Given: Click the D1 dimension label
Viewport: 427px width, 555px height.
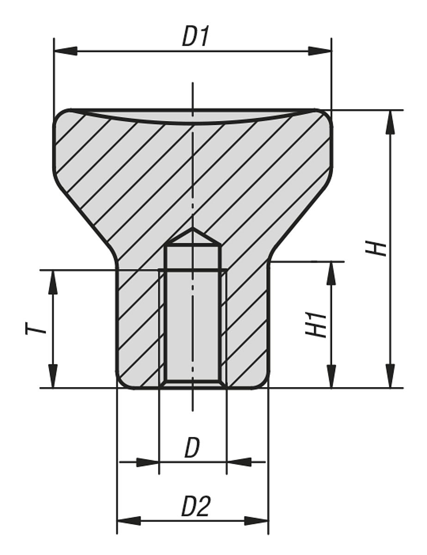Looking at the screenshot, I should (x=195, y=37).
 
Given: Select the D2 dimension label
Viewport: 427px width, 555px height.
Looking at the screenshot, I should (x=195, y=507).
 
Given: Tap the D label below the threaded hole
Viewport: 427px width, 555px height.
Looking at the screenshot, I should (x=192, y=448).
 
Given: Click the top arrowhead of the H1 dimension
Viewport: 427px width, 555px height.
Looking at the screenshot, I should (x=331, y=273).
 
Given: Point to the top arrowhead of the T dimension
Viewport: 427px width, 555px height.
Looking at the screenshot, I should (x=53, y=282).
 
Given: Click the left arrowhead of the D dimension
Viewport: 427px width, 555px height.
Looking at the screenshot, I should (x=147, y=462).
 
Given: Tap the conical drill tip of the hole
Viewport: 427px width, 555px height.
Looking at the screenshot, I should (x=193, y=236).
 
